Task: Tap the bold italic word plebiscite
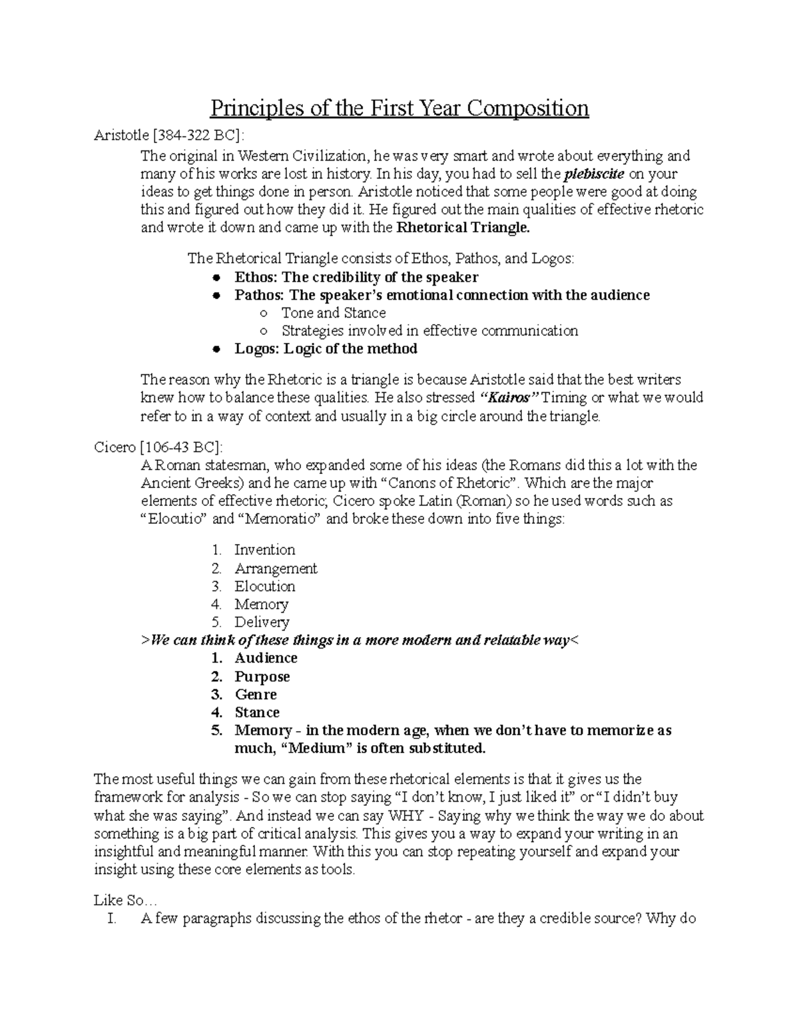coord(594,174)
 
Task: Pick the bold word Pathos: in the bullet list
coord(260,296)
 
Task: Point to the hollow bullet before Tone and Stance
coord(264,314)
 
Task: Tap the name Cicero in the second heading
coord(115,447)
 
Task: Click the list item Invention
coord(264,550)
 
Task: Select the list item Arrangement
coord(276,569)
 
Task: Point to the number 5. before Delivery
coord(216,623)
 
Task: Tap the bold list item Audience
coord(266,658)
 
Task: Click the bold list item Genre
coord(256,694)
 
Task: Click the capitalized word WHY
coord(405,816)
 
